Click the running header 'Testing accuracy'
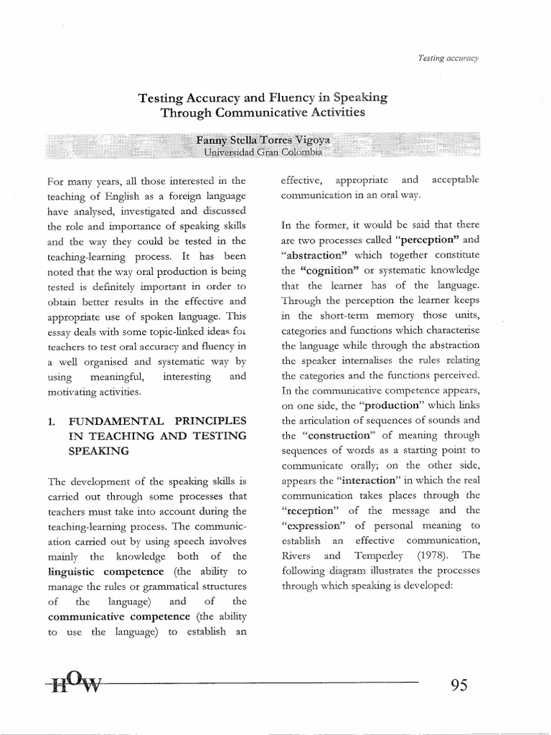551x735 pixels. [443, 57]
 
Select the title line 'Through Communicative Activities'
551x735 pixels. [263, 113]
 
